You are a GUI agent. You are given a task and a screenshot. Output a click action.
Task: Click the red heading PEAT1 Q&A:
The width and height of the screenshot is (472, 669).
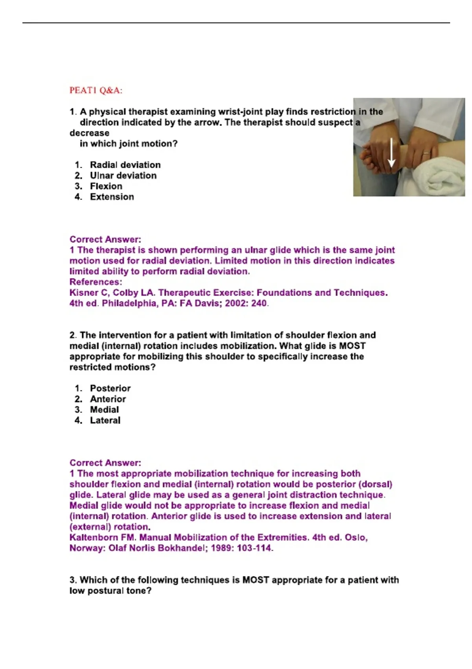96,91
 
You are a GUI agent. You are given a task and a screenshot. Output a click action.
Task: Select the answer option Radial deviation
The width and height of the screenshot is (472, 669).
125,165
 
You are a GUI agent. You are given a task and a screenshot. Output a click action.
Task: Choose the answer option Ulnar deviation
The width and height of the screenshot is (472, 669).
123,176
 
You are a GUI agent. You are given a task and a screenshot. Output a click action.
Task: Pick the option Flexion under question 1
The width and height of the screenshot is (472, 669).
106,186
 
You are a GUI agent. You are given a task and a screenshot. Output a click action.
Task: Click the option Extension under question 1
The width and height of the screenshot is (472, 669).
112,197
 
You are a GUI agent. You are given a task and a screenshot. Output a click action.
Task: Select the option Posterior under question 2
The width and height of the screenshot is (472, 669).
110,388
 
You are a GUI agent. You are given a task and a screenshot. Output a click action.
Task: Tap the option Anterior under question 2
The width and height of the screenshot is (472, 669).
108,399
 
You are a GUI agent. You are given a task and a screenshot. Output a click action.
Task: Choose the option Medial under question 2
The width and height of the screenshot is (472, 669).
104,410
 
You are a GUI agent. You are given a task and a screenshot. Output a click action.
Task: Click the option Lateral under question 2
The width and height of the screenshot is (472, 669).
105,420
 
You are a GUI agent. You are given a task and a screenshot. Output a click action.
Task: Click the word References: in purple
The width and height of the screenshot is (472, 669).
96,282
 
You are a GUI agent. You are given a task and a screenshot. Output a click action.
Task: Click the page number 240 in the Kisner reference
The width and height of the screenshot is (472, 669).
258,303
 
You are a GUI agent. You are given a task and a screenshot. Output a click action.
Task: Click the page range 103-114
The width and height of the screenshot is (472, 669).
254,548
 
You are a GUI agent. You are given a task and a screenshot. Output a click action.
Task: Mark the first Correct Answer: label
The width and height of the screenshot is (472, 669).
105,239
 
